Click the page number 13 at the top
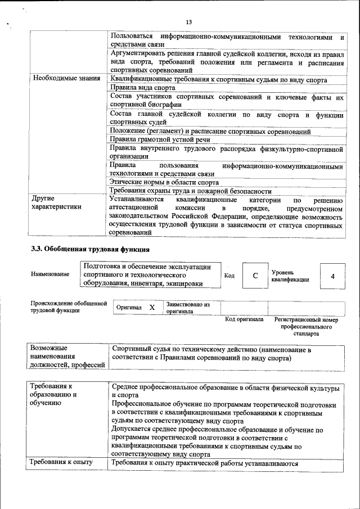coord(188,22)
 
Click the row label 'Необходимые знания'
coord(66,79)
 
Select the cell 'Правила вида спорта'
coord(143,88)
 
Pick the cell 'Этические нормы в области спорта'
coord(164,182)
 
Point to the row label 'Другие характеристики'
coord(56,203)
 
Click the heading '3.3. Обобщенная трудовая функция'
coord(90,249)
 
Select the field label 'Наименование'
coord(51,274)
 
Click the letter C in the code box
coord(255,276)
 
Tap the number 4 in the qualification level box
coord(332,276)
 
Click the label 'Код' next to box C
coord(229,276)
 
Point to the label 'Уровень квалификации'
coord(290,276)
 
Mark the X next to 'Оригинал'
coord(152,308)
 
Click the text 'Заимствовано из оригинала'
coord(188,307)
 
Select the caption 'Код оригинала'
coord(244,319)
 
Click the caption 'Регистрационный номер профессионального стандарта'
coord(306,326)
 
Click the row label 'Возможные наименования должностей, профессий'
coord(67,357)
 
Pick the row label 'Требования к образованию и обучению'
coord(53,395)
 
